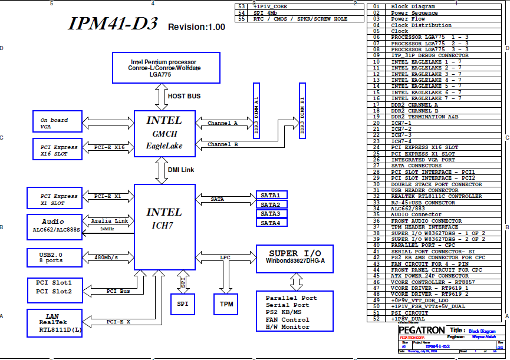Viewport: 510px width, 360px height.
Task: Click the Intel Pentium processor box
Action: click(x=166, y=68)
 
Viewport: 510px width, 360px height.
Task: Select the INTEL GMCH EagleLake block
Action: click(x=164, y=133)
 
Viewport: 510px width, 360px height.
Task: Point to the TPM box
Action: click(x=227, y=303)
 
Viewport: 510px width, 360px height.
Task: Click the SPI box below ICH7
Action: click(x=182, y=303)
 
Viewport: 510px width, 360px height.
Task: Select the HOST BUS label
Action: click(x=184, y=95)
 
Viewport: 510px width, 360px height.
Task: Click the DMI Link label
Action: click(x=181, y=170)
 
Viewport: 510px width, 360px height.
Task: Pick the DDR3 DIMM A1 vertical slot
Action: click(x=256, y=112)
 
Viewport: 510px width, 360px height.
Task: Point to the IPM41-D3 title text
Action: click(x=113, y=24)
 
